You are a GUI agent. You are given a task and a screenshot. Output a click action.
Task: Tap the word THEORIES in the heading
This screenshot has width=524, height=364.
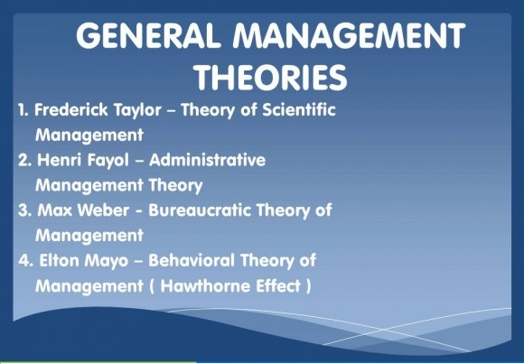tap(271, 78)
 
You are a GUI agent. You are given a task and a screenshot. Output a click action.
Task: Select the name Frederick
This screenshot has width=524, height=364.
tap(70, 109)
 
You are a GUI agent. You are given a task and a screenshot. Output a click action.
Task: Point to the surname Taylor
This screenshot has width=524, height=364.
tap(137, 110)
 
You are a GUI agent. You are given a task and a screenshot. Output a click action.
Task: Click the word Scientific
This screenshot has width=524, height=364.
tap(299, 109)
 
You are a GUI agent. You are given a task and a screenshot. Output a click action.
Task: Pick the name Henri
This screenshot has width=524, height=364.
tap(59, 160)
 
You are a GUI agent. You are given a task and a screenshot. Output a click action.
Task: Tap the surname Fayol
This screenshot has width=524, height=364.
tap(108, 161)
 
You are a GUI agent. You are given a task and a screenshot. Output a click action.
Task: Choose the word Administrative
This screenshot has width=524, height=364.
tap(207, 160)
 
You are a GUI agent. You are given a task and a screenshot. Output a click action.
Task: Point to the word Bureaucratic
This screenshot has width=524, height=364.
tap(199, 210)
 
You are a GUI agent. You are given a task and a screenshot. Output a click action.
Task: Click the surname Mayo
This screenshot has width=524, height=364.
tap(107, 262)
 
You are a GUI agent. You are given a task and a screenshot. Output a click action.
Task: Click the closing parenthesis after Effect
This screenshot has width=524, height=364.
tap(308, 286)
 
